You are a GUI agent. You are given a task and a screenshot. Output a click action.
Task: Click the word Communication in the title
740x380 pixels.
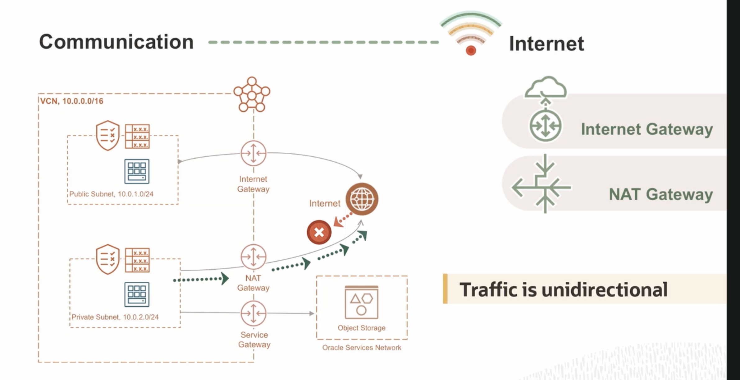click(x=116, y=42)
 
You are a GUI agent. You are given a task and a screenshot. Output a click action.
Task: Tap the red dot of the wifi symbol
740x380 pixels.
click(x=471, y=50)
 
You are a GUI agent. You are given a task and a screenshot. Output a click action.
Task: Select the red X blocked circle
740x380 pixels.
click(x=319, y=232)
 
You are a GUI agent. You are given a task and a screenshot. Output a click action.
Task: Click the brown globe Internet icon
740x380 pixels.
click(x=362, y=199)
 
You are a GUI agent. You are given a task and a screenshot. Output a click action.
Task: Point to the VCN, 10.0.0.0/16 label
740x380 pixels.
click(x=72, y=101)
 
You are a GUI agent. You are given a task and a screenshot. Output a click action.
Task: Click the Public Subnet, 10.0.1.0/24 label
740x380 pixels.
click(x=111, y=194)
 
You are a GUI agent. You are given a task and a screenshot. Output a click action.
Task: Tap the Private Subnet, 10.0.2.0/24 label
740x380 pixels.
click(x=115, y=317)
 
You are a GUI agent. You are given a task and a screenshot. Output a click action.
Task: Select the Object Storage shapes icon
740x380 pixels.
click(x=361, y=302)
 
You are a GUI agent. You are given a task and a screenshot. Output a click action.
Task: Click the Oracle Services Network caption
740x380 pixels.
click(x=362, y=347)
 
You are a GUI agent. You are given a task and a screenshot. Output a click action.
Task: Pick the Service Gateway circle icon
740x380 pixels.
click(x=254, y=313)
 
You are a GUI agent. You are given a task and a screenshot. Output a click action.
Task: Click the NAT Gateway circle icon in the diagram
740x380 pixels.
click(x=254, y=257)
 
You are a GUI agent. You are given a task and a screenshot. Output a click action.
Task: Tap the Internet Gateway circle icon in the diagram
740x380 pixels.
click(x=254, y=153)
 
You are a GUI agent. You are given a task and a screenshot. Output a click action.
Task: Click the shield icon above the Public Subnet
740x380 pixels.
click(x=107, y=136)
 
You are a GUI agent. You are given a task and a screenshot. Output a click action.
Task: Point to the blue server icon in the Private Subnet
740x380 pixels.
click(x=137, y=294)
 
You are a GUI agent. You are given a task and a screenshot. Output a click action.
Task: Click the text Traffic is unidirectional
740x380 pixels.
click(x=564, y=290)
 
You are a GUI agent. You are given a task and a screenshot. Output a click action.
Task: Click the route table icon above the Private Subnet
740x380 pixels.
click(x=137, y=260)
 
